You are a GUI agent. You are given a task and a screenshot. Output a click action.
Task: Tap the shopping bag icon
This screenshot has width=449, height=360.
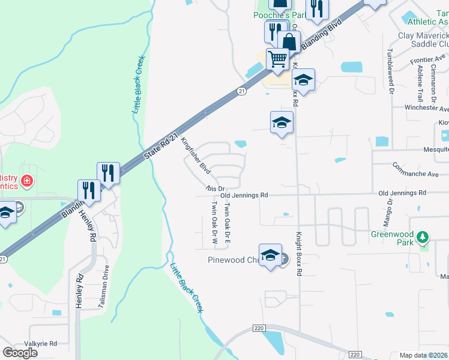point(289,41)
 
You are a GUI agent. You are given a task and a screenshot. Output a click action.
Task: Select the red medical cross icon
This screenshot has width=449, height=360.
point(26,181)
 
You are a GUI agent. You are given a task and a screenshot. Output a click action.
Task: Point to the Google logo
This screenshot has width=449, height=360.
point(20,353)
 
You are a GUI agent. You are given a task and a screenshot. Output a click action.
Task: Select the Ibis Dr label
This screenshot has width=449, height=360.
point(214,188)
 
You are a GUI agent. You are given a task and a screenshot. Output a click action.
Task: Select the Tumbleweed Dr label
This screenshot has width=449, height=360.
point(390,71)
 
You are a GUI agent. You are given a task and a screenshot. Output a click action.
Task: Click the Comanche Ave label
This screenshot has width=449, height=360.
point(415,173)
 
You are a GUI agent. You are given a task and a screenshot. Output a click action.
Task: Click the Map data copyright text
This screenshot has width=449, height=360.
point(423,355)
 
